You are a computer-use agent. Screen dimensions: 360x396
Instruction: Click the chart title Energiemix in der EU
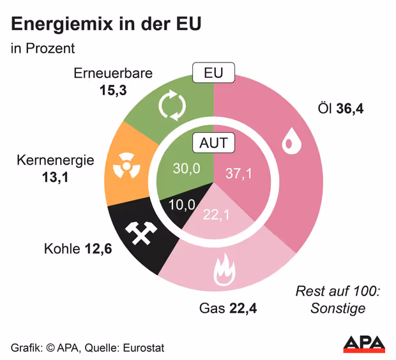[107, 25]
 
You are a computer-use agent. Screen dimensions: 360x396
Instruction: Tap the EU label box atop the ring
[213, 73]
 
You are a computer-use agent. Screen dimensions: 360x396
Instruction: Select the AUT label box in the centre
[213, 143]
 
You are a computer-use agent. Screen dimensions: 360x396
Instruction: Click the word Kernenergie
[56, 160]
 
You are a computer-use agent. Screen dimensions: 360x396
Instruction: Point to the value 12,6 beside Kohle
[98, 248]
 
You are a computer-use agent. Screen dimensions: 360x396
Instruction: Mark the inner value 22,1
[216, 214]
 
